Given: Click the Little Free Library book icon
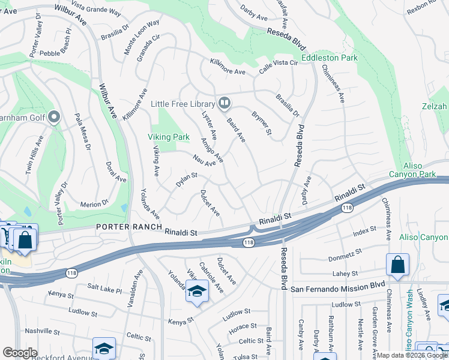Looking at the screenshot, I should click(224, 104).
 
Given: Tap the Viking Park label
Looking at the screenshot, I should click(169, 137).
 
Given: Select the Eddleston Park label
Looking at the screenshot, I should click(329, 58).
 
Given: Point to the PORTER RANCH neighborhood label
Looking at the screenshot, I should click(129, 227).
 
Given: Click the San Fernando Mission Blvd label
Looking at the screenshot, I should click(337, 288).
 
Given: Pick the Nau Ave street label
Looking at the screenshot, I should click(204, 161).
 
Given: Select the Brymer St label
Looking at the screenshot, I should click(262, 123).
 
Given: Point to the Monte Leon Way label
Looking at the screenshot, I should click(142, 38).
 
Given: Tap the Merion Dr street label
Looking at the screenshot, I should click(94, 205).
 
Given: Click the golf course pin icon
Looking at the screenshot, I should click(55, 117).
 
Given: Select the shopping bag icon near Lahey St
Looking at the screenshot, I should click(397, 265).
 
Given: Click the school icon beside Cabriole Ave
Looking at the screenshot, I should click(196, 291).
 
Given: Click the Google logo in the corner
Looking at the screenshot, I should click(20, 353).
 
